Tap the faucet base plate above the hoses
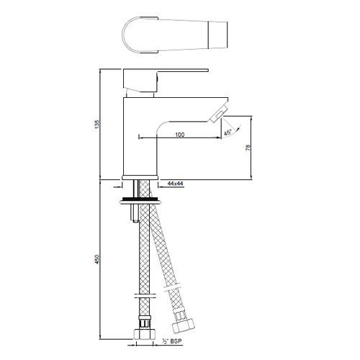[140, 177]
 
